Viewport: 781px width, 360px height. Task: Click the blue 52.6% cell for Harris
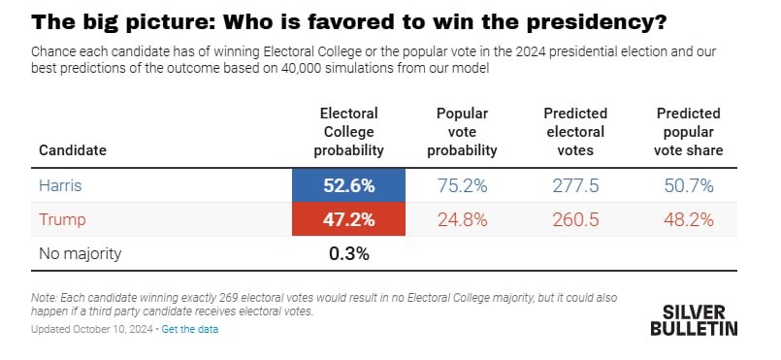348,184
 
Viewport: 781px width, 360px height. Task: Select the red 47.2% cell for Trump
348,219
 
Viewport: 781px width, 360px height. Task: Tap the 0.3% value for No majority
348,254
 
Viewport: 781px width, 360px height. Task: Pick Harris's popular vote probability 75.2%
462,184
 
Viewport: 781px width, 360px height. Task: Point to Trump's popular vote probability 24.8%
462,219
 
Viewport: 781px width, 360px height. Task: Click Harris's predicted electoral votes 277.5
574,184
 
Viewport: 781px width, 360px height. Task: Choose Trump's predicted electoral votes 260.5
574,219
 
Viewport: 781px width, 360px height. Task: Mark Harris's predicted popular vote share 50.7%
690,184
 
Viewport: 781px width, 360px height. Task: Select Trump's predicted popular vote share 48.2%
690,219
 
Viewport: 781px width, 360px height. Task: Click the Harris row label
60,184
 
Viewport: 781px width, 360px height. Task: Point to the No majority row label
81,254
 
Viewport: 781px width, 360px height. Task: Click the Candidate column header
73,150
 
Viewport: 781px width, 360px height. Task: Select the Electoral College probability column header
348,132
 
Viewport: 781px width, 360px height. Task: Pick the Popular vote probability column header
462,132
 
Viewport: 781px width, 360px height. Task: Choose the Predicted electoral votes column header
574,132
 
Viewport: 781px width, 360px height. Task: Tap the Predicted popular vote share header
690,132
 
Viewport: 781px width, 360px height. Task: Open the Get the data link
190,329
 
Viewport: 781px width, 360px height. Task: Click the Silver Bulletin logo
693,319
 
